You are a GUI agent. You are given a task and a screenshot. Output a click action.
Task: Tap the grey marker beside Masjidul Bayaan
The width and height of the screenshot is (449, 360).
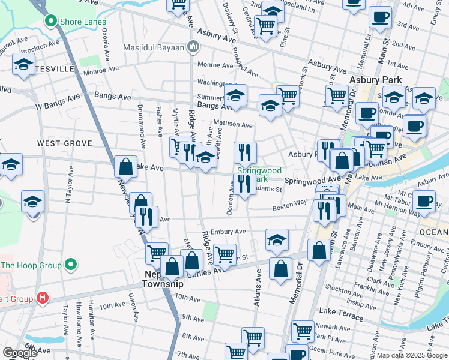click(x=193, y=47)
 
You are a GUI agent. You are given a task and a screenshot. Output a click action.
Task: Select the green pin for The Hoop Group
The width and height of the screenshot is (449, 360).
click(x=71, y=265)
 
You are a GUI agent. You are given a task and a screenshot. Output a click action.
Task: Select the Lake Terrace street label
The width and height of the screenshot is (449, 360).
click(x=340, y=311)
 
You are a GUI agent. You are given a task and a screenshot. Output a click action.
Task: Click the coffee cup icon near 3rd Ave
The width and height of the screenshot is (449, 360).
click(x=379, y=18)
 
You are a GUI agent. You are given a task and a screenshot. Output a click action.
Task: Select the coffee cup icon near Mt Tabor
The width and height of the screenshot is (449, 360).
click(x=424, y=201)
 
